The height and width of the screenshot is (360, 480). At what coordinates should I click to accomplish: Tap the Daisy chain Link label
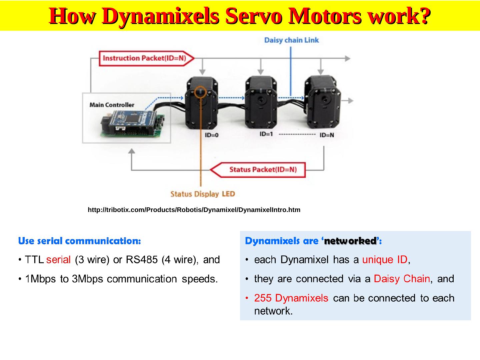coord(291,40)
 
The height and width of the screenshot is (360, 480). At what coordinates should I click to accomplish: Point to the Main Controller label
coord(112,105)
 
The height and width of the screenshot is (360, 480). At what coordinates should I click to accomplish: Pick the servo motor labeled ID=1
coord(261,103)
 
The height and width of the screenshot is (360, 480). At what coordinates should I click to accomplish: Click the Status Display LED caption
coord(203,194)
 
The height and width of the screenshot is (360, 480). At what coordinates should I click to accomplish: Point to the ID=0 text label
coord(212,135)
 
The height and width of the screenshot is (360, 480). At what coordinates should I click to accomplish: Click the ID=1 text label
coord(266,134)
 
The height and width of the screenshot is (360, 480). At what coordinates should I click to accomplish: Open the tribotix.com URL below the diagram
coord(194,210)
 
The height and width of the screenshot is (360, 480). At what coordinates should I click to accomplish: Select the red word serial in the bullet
coord(58,260)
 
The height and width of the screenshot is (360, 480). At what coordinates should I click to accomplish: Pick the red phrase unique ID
coord(385,260)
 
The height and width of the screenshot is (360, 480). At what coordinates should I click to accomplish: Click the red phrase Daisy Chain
coord(402,279)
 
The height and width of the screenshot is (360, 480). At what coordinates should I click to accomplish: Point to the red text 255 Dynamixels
coord(291,298)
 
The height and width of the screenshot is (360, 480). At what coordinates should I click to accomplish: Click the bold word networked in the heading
coord(350,241)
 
